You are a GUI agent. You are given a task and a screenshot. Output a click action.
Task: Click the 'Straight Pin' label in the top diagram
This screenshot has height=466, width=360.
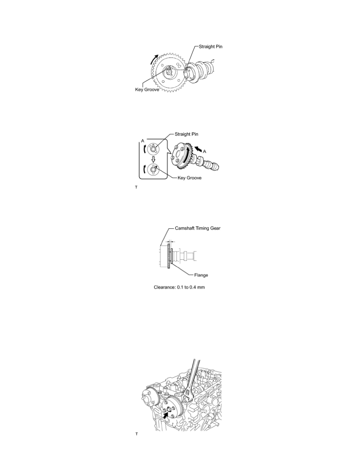210,47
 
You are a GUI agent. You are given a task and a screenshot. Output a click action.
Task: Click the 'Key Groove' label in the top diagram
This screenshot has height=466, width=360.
147,89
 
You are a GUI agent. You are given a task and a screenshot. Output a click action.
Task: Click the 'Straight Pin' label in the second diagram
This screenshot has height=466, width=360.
186,134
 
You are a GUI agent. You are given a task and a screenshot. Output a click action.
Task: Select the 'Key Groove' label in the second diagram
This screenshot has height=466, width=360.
189,178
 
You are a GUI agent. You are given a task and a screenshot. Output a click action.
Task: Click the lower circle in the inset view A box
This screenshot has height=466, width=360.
154,169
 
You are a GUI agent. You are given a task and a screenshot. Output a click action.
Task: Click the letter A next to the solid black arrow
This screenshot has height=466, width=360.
204,151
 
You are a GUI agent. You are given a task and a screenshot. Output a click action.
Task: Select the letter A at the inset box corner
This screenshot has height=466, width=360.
143,140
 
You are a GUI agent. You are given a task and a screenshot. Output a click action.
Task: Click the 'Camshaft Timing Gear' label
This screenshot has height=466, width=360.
198,228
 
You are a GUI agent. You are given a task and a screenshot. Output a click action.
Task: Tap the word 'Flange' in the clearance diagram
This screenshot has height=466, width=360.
201,275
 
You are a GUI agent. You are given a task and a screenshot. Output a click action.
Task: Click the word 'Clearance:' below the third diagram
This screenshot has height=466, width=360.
164,287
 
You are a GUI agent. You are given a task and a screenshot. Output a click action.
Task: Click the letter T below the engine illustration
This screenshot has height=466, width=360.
136,434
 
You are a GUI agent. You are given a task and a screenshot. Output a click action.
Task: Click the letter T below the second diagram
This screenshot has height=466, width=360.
136,187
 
